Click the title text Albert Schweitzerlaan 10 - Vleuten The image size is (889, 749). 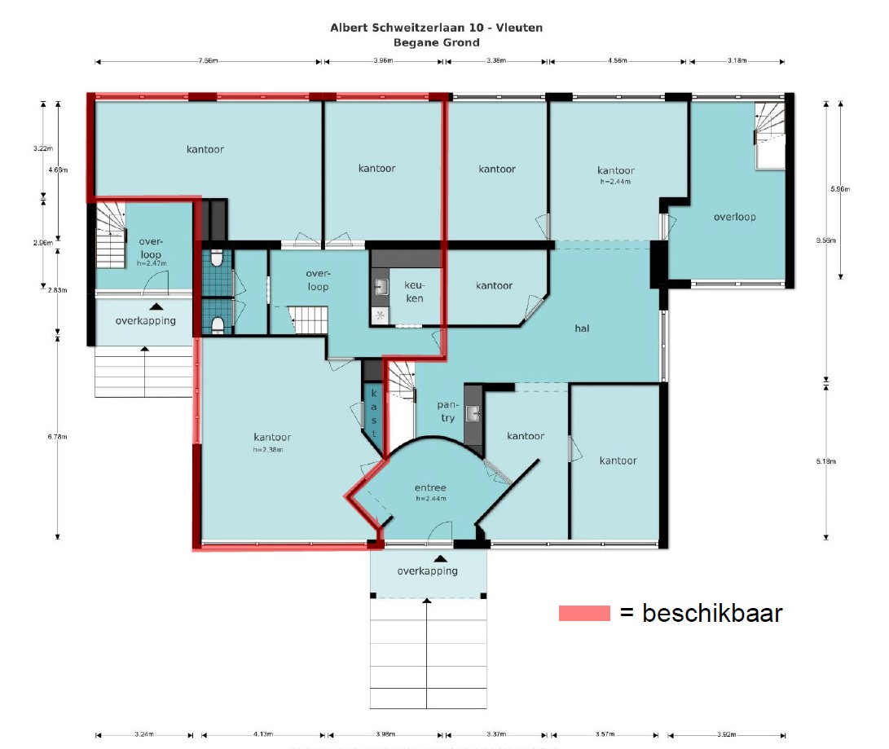[436, 28]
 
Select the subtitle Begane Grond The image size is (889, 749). [436, 42]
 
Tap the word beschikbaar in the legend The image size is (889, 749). [712, 613]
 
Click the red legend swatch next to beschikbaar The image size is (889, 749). [584, 614]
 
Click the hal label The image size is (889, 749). [582, 328]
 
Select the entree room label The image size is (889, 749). [430, 488]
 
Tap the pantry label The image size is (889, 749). [447, 412]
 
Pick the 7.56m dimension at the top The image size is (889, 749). [209, 60]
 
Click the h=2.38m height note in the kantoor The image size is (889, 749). [271, 450]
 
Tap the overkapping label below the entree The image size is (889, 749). [428, 571]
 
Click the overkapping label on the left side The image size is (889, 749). [145, 320]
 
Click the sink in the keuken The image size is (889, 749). [381, 286]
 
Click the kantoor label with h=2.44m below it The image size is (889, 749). [615, 170]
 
